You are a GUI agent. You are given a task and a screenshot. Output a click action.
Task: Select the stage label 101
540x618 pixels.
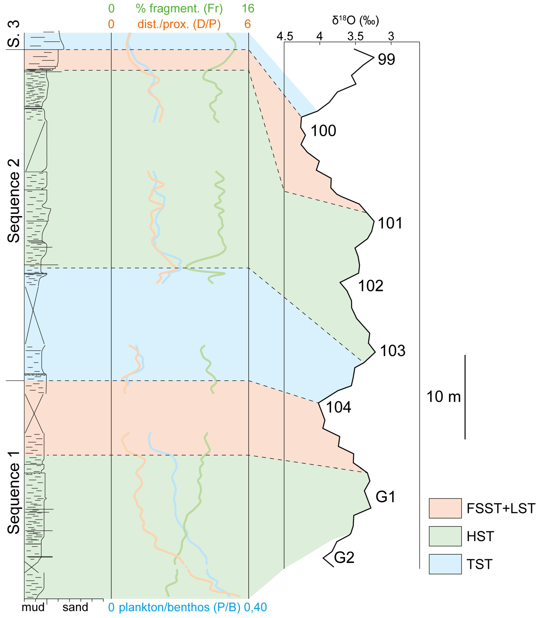(x=390, y=223)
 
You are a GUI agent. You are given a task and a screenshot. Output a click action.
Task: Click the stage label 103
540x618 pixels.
(x=392, y=351)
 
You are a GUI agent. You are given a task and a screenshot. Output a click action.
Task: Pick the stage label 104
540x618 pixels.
(x=338, y=407)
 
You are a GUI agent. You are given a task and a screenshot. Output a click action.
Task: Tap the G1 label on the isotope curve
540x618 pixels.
(x=385, y=496)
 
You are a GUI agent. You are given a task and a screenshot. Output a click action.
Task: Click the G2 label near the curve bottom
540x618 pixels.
(x=344, y=557)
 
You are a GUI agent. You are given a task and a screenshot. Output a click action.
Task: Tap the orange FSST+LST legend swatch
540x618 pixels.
(x=445, y=508)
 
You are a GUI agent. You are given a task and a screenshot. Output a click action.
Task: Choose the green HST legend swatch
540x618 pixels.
(x=445, y=536)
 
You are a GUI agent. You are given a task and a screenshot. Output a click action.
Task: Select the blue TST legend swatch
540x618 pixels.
(x=445, y=564)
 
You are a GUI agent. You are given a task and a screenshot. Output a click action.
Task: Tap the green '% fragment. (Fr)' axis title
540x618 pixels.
(x=179, y=9)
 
